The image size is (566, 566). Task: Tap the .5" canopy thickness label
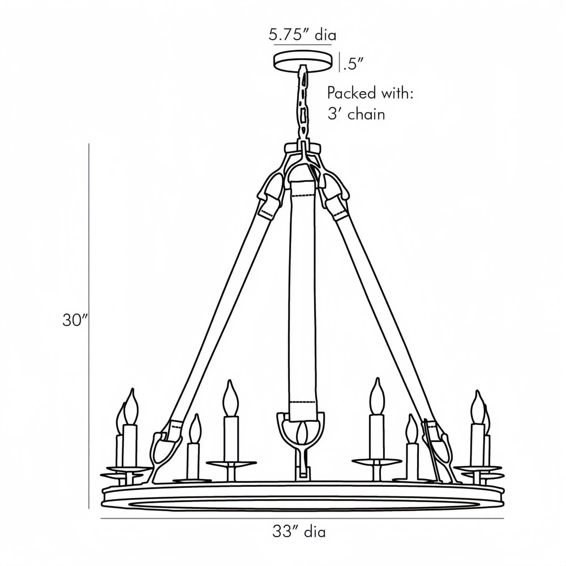353,64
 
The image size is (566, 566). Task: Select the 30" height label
75,320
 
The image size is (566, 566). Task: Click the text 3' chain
356,114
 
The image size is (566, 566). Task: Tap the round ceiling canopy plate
303,61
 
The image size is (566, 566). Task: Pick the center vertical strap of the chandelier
302,293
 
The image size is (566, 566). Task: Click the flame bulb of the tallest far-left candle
130,408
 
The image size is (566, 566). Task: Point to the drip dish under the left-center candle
231,463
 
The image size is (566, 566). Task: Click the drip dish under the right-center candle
376,461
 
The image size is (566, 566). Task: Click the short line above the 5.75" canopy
303,45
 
